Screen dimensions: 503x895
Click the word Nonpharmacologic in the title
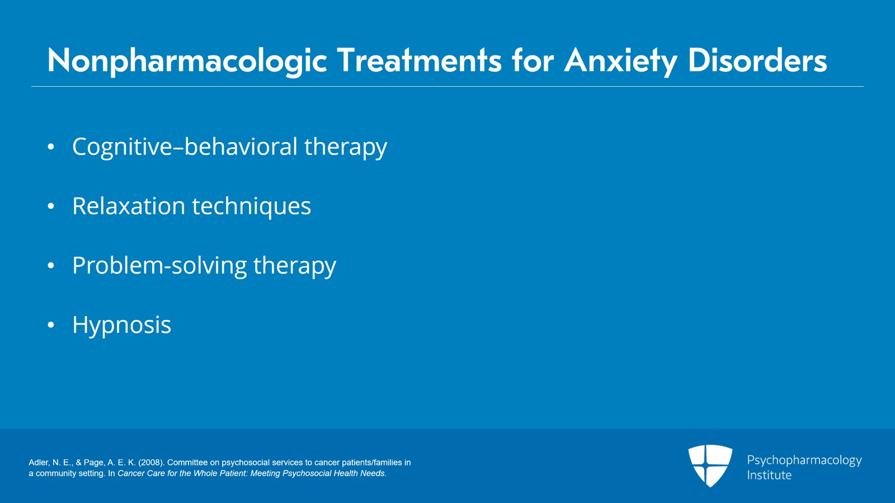(187, 60)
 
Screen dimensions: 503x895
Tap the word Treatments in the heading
(419, 60)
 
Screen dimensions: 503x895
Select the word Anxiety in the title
(620, 60)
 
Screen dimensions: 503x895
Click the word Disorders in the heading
(757, 60)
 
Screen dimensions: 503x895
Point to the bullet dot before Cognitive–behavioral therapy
(51, 147)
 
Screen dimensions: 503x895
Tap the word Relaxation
(128, 206)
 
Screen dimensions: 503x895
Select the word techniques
(251, 206)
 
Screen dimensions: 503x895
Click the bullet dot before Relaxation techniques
(51, 206)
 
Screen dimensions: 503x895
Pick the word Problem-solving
(159, 266)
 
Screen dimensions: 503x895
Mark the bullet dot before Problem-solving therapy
(51, 266)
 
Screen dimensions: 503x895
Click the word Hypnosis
(121, 325)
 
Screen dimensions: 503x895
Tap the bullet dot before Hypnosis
(51, 325)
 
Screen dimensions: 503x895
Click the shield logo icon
(710, 465)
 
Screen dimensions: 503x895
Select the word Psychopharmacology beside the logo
(804, 460)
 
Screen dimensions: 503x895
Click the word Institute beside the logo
(769, 475)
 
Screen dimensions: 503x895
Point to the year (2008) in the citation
(151, 463)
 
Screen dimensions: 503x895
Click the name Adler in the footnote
(39, 463)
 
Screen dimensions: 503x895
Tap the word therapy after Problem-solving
(294, 266)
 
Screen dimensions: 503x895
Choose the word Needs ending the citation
(373, 473)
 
